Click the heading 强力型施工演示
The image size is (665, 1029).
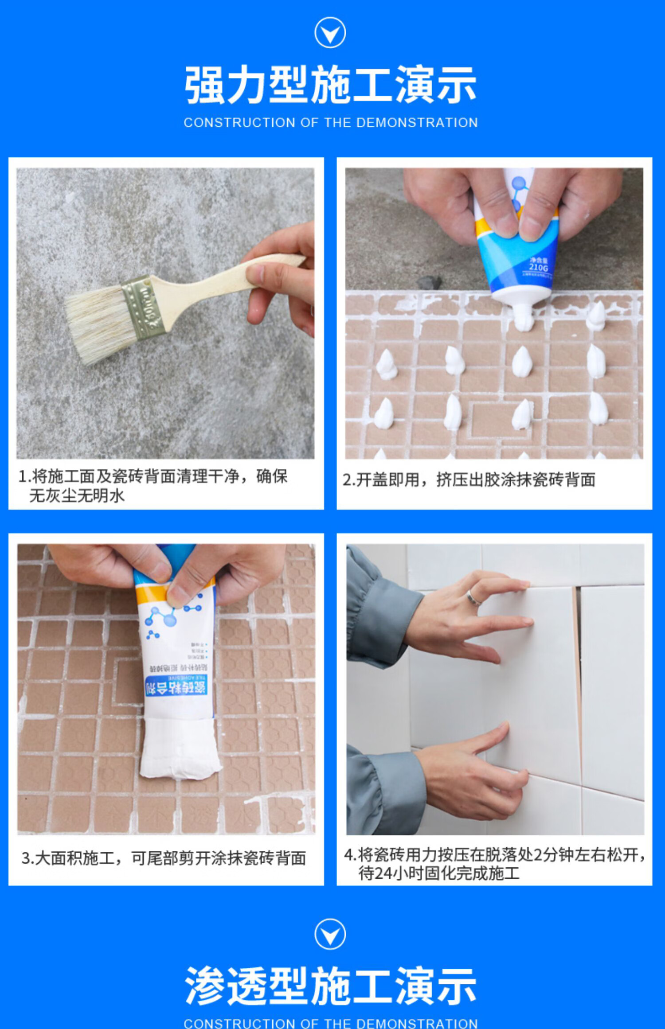point(330,85)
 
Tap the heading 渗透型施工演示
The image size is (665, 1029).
point(330,986)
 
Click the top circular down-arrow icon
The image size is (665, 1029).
point(330,33)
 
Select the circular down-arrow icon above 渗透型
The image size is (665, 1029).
point(330,934)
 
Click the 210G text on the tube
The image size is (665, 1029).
point(538,268)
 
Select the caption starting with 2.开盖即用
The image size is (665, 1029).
point(469,480)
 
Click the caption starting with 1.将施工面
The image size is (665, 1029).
point(153,486)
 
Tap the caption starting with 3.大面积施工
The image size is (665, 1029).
point(164,858)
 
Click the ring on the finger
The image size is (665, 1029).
point(474,599)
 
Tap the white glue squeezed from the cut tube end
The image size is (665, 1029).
point(179,749)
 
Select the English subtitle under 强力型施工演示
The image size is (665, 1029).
point(330,123)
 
